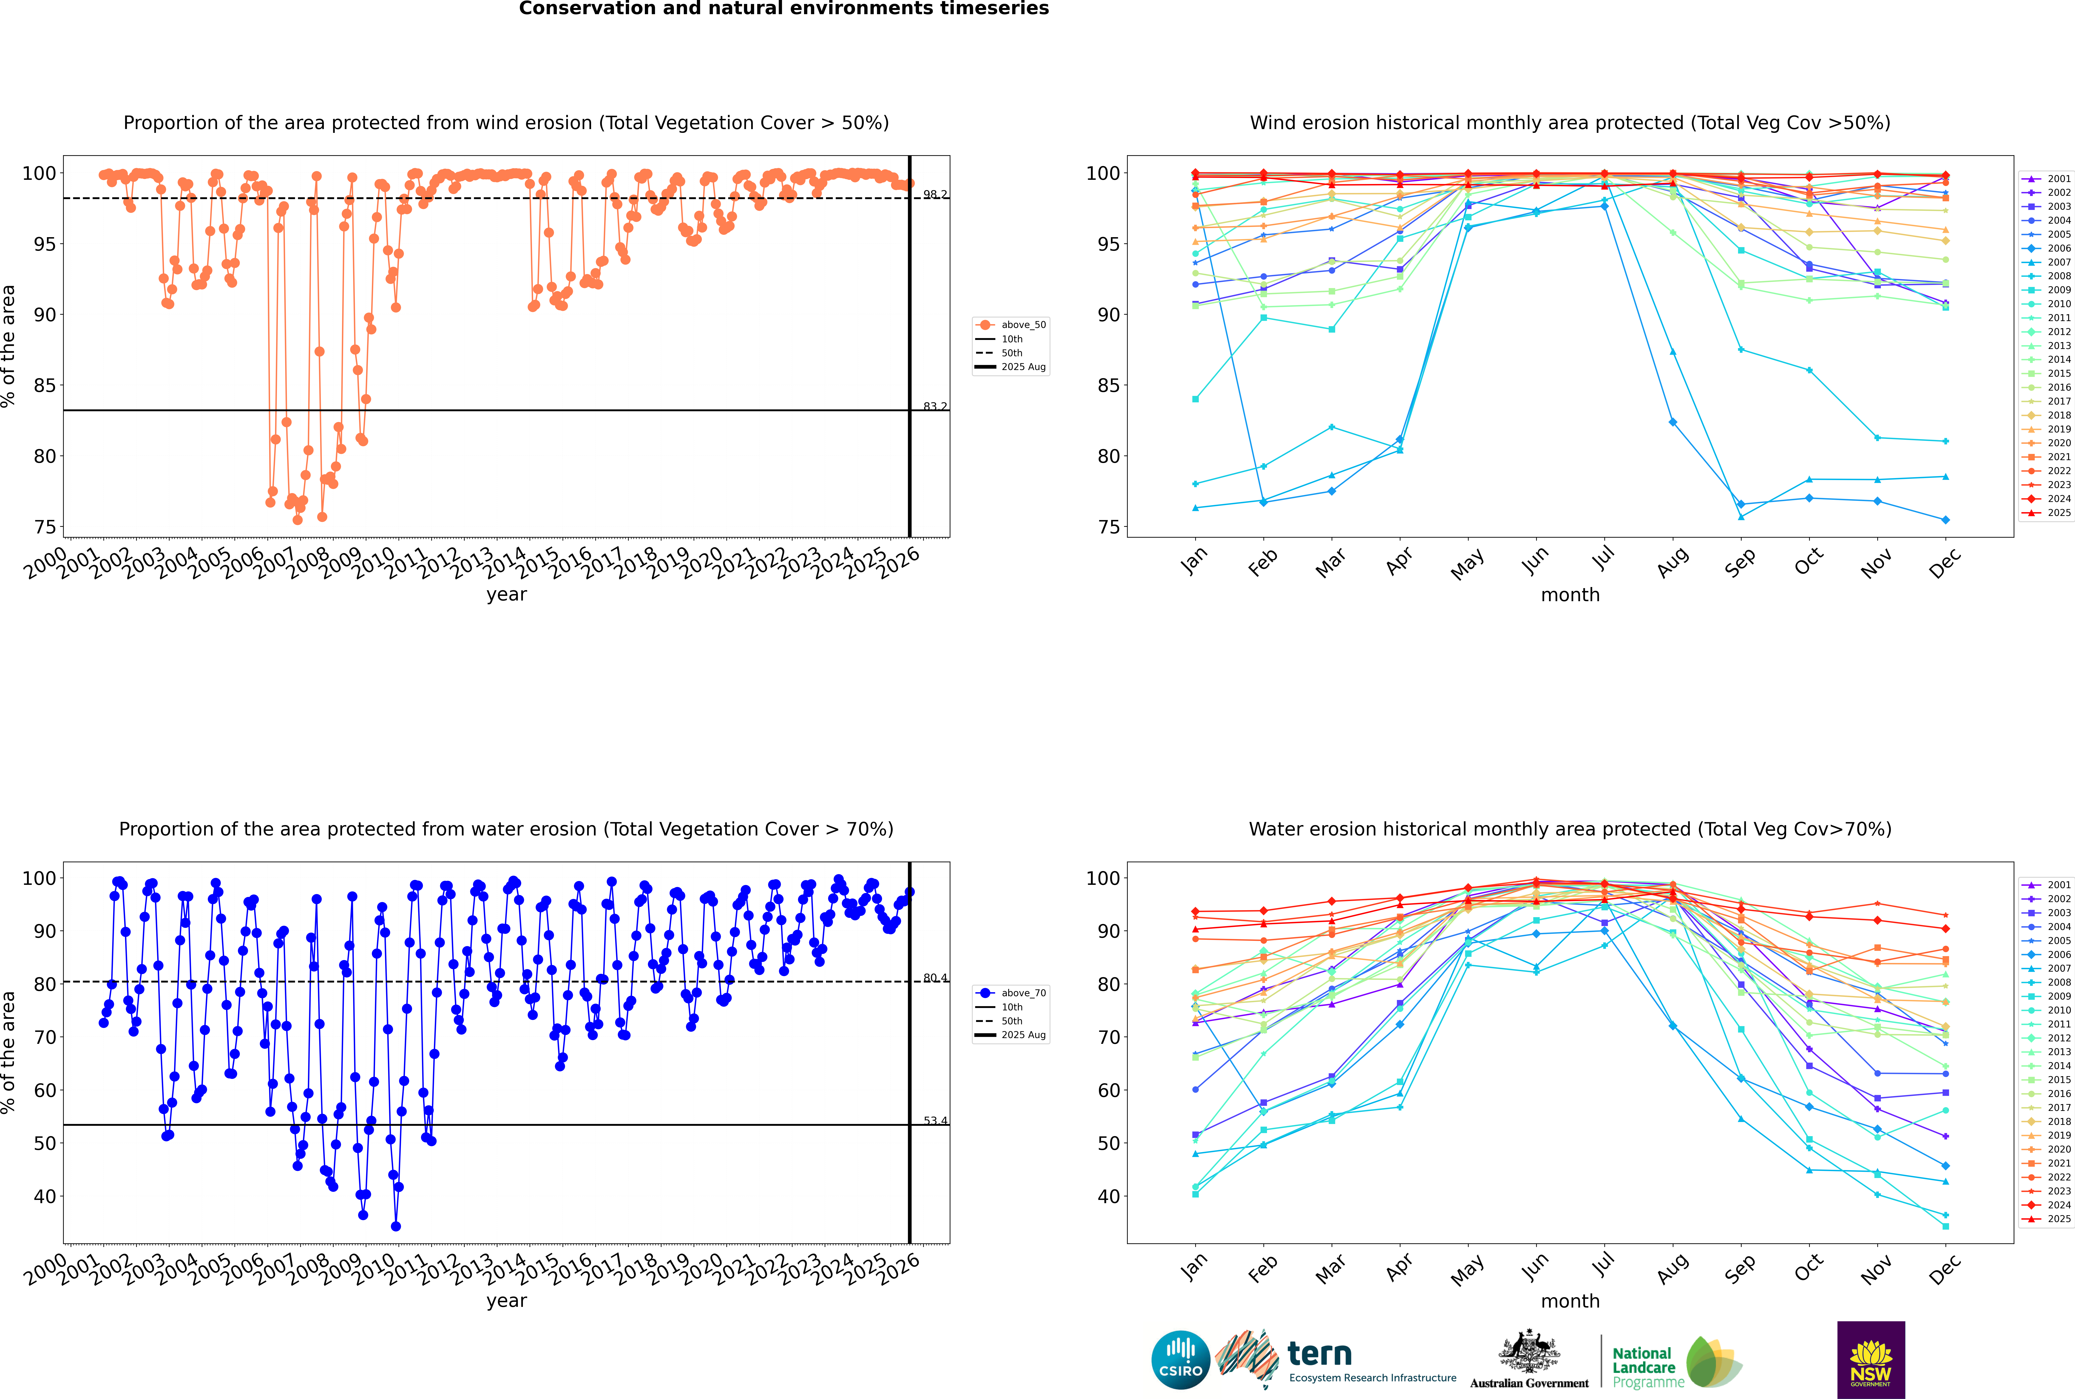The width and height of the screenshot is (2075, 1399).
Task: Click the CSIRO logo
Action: pyautogui.click(x=1180, y=1360)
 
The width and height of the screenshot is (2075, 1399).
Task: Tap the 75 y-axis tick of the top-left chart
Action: pyautogui.click(x=44, y=526)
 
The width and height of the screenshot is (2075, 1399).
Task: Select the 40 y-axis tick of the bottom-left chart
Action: pyautogui.click(x=44, y=1196)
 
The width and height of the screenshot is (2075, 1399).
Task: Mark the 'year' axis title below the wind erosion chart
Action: pyautogui.click(x=507, y=594)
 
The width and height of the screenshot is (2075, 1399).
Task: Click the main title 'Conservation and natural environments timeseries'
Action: pyautogui.click(x=783, y=9)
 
